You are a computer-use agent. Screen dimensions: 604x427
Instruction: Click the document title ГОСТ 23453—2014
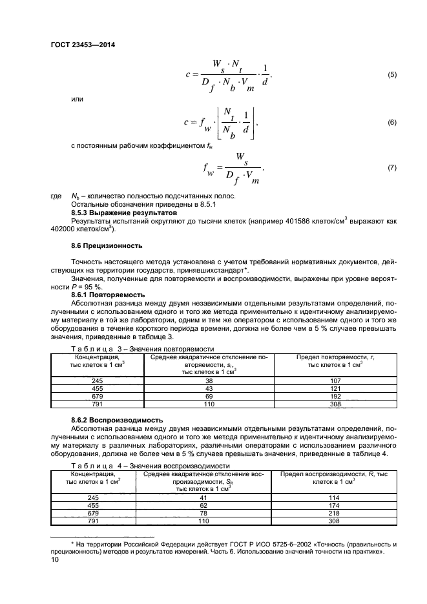83,45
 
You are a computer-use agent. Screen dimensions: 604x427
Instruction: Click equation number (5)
391,76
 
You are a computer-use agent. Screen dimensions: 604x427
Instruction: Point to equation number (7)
391,168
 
